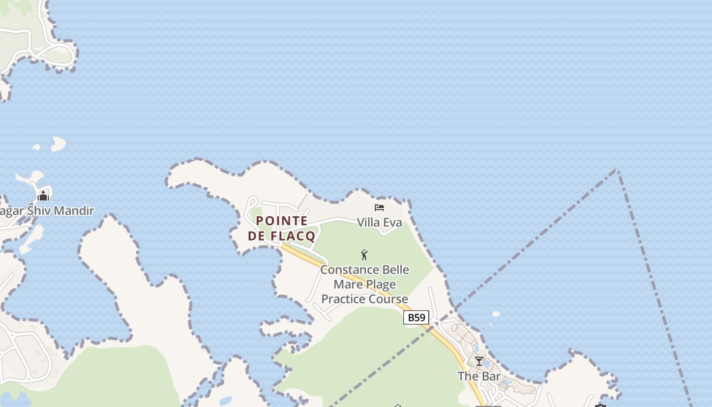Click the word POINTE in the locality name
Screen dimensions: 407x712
(282, 221)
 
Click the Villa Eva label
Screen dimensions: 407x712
(379, 222)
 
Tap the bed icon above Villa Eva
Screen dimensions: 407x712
(379, 208)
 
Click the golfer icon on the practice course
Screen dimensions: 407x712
(364, 255)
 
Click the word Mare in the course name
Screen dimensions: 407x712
(347, 284)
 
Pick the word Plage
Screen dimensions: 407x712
(380, 284)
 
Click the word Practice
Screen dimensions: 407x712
(343, 299)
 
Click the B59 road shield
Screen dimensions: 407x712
(416, 317)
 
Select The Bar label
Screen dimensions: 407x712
(479, 376)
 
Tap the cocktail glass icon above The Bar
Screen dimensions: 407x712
(479, 361)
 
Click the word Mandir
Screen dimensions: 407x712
(75, 211)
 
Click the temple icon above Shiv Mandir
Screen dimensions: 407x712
(43, 195)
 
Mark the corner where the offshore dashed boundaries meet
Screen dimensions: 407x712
(617, 170)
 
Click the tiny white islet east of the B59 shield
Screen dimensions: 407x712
(496, 314)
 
